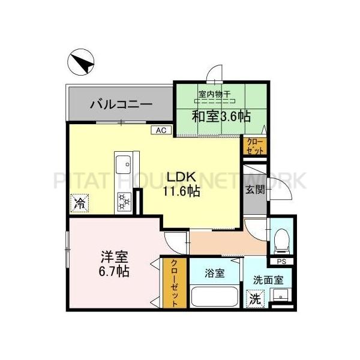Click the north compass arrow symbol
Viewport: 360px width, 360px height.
tap(81, 61)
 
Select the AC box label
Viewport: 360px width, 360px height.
tap(161, 130)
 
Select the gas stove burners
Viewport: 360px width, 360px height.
tap(124, 201)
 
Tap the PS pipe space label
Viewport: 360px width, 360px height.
tap(280, 262)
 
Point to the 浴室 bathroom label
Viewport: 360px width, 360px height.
tap(214, 274)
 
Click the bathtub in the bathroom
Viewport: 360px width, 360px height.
tap(215, 296)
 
